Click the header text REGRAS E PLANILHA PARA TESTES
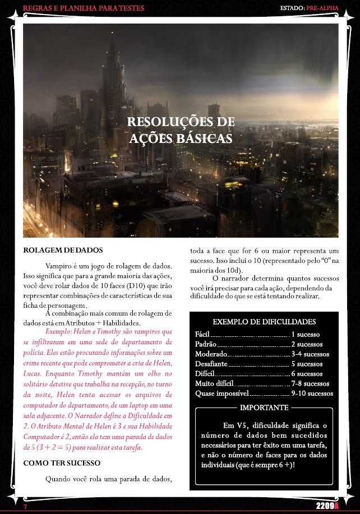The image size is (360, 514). point(83,8)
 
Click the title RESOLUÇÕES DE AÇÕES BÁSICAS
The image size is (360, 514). point(181,130)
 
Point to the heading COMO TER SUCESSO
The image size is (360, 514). point(62,463)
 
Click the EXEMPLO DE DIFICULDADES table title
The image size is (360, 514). point(264,322)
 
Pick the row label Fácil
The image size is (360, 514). point(202,334)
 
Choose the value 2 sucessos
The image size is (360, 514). point(307,344)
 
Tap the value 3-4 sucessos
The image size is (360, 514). point(310,354)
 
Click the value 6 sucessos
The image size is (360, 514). point(307,374)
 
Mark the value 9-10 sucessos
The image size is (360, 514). point(312,393)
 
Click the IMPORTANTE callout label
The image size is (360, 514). point(264,408)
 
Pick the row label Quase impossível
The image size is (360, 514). point(220,393)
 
